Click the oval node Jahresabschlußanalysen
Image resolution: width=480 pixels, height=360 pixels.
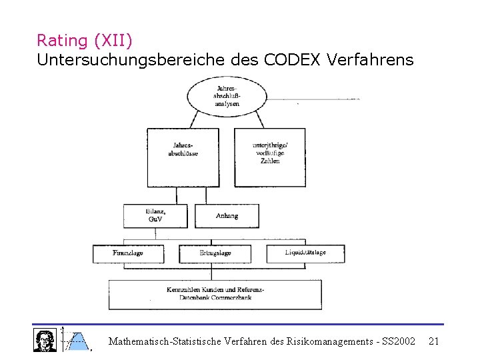227,96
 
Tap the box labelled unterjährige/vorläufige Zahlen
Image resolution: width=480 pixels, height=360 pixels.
269,157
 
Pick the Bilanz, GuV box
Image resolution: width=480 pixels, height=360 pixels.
155,215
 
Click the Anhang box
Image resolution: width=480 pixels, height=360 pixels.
227,215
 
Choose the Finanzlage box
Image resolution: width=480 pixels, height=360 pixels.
128,253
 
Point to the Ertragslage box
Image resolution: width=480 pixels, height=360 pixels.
215,253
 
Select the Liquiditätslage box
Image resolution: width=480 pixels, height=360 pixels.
305,253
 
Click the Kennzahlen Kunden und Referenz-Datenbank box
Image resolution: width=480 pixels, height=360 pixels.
215,294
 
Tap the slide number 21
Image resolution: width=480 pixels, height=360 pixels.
433,341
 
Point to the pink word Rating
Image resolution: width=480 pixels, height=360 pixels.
62,41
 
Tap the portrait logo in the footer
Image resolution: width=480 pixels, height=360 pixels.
45,339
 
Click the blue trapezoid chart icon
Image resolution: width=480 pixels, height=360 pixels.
77,340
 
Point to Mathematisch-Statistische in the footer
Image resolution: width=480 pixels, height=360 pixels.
164,341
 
